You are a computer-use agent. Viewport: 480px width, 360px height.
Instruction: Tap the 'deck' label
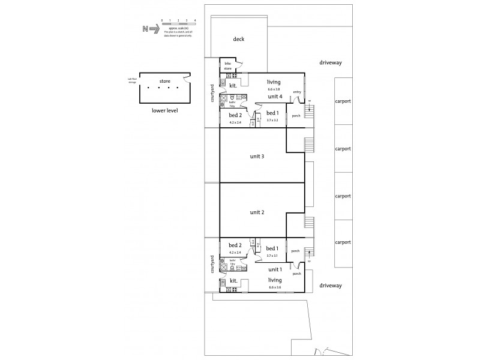(239, 40)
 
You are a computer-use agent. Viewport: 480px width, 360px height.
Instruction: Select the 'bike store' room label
(228, 66)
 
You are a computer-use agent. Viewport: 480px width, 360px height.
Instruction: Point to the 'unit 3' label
(257, 157)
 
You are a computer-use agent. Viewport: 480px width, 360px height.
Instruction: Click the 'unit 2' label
(257, 212)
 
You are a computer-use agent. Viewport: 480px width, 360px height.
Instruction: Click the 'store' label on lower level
(165, 81)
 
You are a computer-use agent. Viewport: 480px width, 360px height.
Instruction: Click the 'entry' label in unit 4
(296, 92)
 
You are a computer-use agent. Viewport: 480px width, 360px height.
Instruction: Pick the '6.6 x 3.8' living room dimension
(274, 89)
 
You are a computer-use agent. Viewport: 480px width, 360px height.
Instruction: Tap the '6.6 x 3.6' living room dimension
(275, 287)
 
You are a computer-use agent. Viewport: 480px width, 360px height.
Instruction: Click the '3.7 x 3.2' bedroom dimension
(272, 120)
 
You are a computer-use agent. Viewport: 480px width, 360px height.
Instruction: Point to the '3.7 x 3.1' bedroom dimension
(272, 256)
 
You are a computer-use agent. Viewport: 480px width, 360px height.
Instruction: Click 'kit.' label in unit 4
(233, 86)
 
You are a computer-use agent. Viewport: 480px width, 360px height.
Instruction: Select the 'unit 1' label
(274, 270)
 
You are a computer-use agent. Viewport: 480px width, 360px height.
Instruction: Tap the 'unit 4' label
(275, 96)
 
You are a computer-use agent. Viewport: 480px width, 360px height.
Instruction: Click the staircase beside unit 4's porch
(310, 110)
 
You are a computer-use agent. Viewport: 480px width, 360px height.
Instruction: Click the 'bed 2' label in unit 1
(235, 245)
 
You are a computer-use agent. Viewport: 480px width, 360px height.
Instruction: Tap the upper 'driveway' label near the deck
(330, 62)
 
